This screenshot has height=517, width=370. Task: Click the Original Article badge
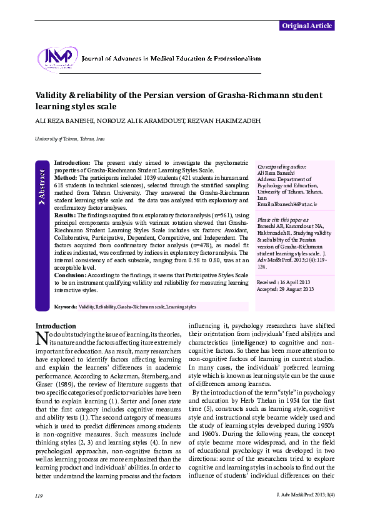click(306, 26)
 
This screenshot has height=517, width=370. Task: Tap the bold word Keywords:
click(66, 307)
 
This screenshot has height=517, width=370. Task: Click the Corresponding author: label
click(282, 167)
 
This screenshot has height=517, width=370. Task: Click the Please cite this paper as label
click(282, 220)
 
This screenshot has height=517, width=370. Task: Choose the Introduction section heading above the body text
click(56, 326)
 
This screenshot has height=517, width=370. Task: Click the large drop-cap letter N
click(42, 338)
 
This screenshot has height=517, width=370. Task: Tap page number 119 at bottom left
click(39, 495)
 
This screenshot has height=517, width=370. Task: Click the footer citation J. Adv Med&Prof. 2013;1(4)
click(305, 495)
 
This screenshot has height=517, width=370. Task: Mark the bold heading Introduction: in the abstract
click(74, 162)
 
